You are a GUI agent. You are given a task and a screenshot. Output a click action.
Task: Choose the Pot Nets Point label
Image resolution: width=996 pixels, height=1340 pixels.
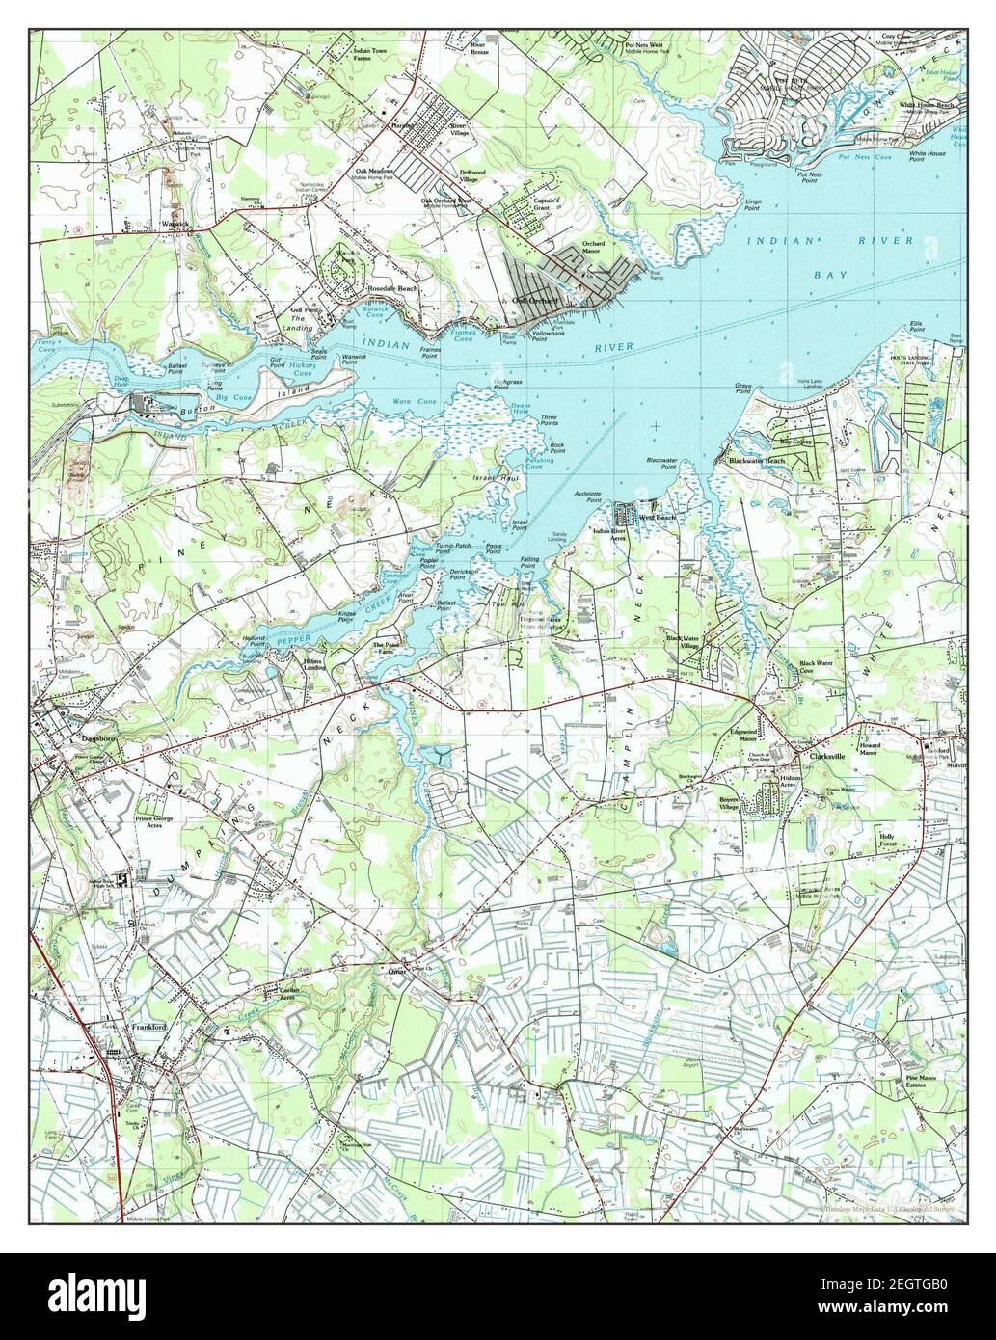[810, 177]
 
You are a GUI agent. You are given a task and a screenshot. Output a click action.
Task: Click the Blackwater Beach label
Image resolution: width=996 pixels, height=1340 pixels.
[757, 461]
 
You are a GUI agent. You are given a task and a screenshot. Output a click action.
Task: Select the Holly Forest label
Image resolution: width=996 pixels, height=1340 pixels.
[888, 838]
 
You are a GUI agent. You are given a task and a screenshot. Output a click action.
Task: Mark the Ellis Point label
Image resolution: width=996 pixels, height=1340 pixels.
[917, 326]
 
